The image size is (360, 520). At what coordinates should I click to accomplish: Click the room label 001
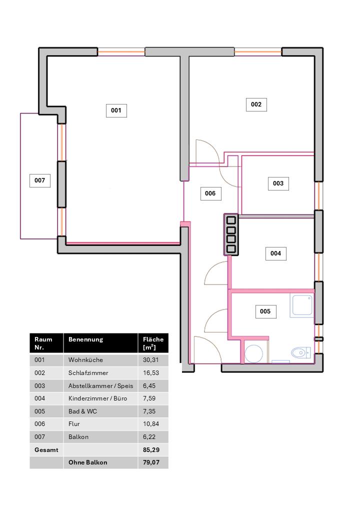pyautogui.click(x=116, y=110)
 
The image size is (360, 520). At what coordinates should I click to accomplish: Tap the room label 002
pyautogui.click(x=256, y=104)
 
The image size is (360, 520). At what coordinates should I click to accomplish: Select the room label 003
pyautogui.click(x=278, y=183)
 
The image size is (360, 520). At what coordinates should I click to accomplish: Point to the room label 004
pyautogui.click(x=276, y=253)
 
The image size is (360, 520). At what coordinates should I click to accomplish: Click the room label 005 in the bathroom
pyautogui.click(x=265, y=311)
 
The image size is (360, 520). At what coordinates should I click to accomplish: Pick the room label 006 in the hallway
pyautogui.click(x=210, y=193)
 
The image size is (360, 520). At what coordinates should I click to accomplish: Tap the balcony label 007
pyautogui.click(x=40, y=180)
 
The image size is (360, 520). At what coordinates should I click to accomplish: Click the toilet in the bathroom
pyautogui.click(x=301, y=352)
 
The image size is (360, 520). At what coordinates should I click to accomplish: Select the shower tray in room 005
pyautogui.click(x=301, y=305)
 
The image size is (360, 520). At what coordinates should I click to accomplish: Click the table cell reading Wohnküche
pyautogui.click(x=85, y=360)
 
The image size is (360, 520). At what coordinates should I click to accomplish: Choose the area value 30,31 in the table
pyautogui.click(x=151, y=360)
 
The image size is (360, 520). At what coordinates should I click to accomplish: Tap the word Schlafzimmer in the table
pyautogui.click(x=88, y=373)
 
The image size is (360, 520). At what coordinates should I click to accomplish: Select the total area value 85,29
pyautogui.click(x=151, y=450)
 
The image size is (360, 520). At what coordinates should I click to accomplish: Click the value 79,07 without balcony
pyautogui.click(x=151, y=462)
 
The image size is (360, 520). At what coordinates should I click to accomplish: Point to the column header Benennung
pyautogui.click(x=85, y=339)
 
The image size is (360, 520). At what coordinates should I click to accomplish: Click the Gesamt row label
pyautogui.click(x=46, y=450)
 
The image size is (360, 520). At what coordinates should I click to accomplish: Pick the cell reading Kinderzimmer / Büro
pyautogui.click(x=98, y=398)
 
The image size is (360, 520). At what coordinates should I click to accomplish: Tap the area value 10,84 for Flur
pyautogui.click(x=151, y=424)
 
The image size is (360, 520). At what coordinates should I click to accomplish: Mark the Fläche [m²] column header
pyautogui.click(x=153, y=343)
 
